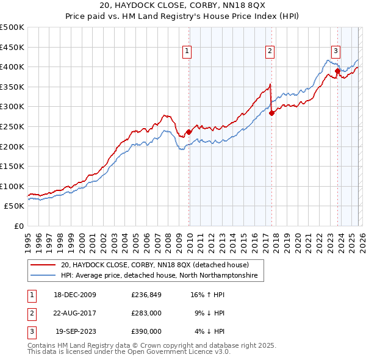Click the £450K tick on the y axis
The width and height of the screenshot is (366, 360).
pos(12,47)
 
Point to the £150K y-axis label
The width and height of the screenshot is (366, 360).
pos(12,167)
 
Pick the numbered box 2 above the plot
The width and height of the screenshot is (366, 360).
pos(269,52)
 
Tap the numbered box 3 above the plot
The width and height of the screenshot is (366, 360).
pos(335,52)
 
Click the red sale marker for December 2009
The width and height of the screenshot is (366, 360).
pos(188,132)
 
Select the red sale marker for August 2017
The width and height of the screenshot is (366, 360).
pos(271,113)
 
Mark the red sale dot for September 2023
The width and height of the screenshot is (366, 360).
pos(337,71)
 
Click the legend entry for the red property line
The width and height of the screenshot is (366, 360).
pos(154,265)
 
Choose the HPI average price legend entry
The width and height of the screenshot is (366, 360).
pos(159,276)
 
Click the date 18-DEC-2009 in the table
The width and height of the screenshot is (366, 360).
pos(74,295)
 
